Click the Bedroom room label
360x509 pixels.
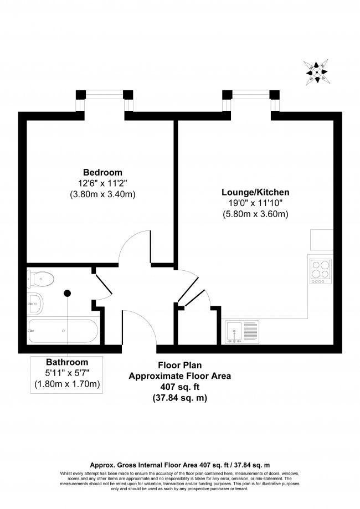pos(102,172)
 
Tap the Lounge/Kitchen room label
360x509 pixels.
pos(255,192)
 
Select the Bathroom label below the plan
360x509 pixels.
pos(67,362)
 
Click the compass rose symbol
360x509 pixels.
pos(316,73)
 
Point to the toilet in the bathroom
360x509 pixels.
pos(40,279)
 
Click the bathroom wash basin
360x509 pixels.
pos(35,303)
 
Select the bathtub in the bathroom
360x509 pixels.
pos(63,331)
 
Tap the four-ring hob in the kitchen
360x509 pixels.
pos(321,272)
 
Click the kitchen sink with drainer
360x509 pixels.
pos(242,332)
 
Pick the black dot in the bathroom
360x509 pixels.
pos(67,294)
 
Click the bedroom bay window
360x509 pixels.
pos(105,101)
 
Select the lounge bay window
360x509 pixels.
pos(251,101)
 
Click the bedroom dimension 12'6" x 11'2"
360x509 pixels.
pos(102,183)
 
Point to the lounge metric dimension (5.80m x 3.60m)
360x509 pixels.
pos(255,214)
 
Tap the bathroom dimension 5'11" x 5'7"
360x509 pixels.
pos(67,373)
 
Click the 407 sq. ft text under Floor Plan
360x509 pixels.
pos(180,387)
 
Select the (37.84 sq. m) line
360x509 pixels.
pos(180,398)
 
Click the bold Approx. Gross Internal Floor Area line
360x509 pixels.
pos(180,465)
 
